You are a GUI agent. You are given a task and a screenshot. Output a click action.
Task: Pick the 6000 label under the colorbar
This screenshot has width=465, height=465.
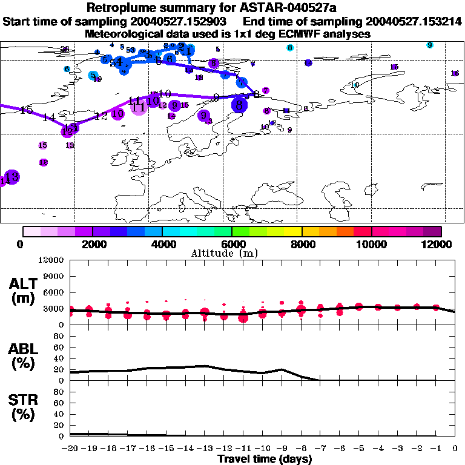click(232, 244)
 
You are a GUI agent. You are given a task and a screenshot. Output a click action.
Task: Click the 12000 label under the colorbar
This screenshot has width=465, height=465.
click(437, 244)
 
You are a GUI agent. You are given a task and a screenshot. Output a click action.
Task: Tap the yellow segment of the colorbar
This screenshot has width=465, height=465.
click(293, 231)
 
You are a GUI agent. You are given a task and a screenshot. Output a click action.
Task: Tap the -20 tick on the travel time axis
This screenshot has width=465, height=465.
click(70, 448)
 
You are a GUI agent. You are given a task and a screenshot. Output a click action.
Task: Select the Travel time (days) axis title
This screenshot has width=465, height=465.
click(265, 460)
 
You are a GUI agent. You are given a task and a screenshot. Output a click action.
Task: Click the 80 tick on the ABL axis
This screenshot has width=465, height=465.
click(60, 338)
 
